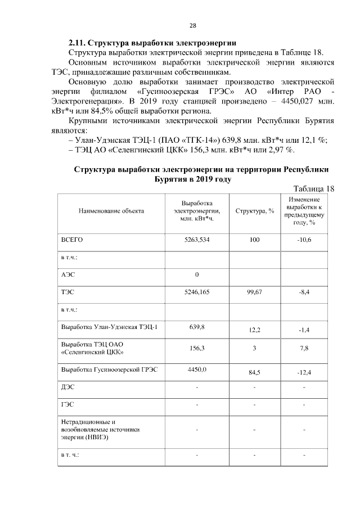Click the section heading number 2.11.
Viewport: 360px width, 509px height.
point(76,42)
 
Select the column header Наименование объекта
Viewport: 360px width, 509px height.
point(111,211)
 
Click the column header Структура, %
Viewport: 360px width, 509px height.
point(255,211)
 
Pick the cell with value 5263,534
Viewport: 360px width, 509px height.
point(197,240)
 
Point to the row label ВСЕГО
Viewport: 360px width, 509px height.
point(71,240)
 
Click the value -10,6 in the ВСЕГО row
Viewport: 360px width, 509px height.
point(304,240)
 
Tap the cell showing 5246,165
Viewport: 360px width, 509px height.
point(197,292)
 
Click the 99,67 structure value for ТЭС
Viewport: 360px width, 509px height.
point(255,292)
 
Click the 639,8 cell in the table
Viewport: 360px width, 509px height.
point(197,327)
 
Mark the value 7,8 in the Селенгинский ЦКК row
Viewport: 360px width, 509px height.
point(304,349)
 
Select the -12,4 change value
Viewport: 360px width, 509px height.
point(304,372)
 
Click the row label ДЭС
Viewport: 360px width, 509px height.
point(67,388)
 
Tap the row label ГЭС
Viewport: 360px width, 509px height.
point(67,404)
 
